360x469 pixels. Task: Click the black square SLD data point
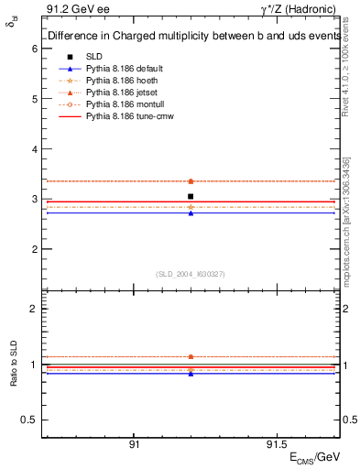coord(191,196)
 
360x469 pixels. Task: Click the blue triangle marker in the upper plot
coord(191,213)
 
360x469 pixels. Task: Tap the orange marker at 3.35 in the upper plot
coord(191,181)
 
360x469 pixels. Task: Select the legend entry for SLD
coord(93,57)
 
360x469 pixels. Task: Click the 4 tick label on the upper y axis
coord(34,148)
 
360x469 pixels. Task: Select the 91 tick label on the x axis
coord(134,442)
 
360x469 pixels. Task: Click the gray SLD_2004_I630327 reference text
coord(191,273)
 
